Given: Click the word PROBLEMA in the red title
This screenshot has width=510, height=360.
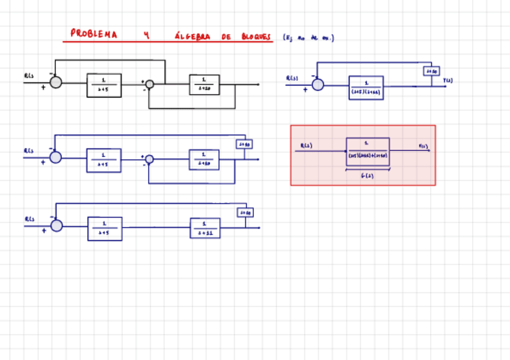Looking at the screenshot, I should click(x=94, y=34).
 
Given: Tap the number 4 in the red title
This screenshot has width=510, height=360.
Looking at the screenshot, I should click(x=146, y=35).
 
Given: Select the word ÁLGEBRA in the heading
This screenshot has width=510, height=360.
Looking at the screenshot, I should click(x=192, y=37).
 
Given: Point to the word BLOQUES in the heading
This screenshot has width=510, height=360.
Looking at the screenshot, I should click(x=256, y=37).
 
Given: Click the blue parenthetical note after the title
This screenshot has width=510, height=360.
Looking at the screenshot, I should click(x=308, y=38).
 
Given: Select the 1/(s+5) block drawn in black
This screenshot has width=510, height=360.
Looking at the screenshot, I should click(x=104, y=85).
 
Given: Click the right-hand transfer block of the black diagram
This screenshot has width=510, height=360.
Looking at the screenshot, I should click(x=204, y=85).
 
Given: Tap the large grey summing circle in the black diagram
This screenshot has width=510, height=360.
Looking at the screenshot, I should click(x=56, y=82).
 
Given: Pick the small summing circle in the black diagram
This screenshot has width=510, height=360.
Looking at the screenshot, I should click(x=150, y=84).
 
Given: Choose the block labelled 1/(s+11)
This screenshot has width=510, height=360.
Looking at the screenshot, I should click(x=205, y=228).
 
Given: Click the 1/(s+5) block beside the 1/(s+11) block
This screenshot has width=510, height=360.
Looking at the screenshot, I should click(x=105, y=228).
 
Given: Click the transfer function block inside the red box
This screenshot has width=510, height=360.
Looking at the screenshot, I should click(x=367, y=151).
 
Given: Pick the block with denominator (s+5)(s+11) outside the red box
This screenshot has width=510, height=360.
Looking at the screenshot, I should click(x=366, y=88).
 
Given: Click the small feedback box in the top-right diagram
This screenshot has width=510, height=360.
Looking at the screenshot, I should click(x=431, y=72).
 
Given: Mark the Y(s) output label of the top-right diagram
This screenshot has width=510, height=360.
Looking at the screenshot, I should click(x=448, y=80).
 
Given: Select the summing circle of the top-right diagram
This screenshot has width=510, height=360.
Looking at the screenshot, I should click(x=318, y=85).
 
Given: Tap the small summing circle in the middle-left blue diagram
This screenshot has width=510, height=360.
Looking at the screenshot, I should click(x=150, y=159).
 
